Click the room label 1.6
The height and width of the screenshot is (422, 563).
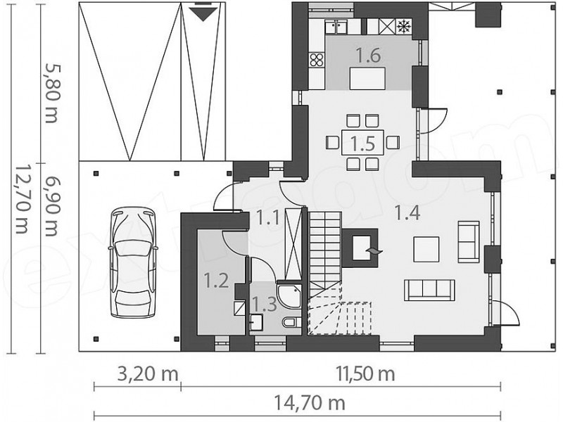click(x=368, y=56)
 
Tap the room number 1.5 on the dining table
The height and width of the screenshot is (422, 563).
click(x=362, y=143)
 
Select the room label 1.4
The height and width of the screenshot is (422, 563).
click(x=407, y=213)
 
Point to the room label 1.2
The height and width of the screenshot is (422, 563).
click(x=216, y=280)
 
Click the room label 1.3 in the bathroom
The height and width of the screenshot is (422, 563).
click(x=264, y=304)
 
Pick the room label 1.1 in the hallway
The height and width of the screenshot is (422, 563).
click(x=267, y=217)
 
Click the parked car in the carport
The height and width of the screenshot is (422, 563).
click(x=133, y=262)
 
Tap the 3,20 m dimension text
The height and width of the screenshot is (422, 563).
click(x=148, y=374)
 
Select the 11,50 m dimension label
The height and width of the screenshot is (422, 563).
click(x=365, y=374)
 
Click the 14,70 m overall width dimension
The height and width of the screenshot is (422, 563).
click(x=310, y=402)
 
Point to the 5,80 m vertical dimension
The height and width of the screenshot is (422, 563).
click(x=51, y=94)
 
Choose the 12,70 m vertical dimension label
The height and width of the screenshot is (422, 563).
click(x=22, y=200)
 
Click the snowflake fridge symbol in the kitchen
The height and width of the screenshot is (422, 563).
click(x=404, y=26)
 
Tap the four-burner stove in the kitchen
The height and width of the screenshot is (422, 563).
click(x=316, y=60)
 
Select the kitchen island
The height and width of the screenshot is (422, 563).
click(x=367, y=78)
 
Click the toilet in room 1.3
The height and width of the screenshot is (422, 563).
click(x=291, y=322)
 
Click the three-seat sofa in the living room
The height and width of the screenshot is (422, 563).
click(x=429, y=290)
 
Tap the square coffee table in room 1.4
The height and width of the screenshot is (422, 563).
click(x=426, y=250)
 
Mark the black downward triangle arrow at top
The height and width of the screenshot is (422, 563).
click(x=203, y=13)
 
